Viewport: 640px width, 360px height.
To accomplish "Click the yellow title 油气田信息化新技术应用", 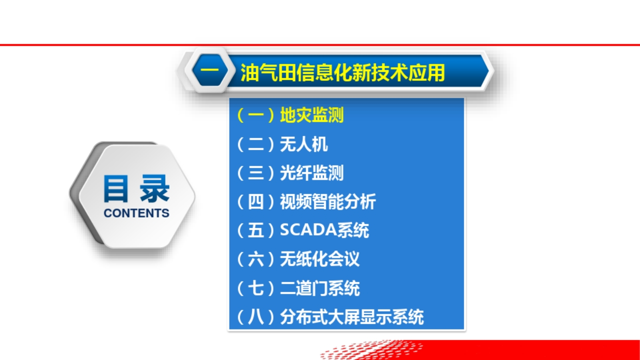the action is point(342,72).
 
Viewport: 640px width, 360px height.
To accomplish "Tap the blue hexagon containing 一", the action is point(210,70).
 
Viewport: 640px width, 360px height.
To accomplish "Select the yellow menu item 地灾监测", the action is point(311,115).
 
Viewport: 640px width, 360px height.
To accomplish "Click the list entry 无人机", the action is point(303,144).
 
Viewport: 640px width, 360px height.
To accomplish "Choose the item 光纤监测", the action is point(311,173).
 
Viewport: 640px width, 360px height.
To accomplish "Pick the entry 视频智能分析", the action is point(327,201).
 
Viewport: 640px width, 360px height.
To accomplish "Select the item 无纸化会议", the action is point(319,259).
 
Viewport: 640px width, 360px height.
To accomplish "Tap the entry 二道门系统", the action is point(319,288).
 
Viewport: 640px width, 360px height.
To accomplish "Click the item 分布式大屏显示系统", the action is point(351,317).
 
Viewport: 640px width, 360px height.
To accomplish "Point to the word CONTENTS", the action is point(136,213).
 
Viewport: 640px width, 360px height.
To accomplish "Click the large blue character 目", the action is point(115,189).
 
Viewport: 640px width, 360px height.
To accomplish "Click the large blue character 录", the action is point(154,189).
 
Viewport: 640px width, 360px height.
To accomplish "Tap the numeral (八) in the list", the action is point(255,317).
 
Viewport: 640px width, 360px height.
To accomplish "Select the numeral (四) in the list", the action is point(255,202).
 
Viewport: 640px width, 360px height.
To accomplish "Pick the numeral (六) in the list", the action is point(255,259).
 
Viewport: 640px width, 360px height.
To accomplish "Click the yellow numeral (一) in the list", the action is point(255,115).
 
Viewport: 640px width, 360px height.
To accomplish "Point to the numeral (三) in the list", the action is point(255,173).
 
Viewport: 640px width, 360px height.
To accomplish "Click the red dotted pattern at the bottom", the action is point(371,349).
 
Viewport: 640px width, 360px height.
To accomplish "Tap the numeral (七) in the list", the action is point(255,288).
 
